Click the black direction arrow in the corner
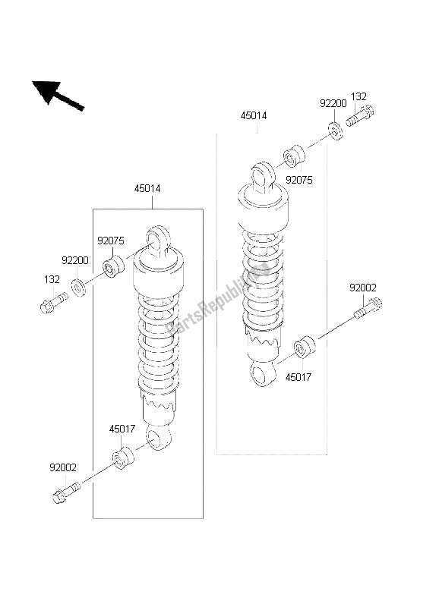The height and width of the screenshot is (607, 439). coord(58,96)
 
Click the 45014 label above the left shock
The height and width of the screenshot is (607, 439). coord(147,188)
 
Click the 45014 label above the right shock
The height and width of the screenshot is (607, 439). coord(254,115)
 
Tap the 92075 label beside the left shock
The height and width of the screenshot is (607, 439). coord(111,241)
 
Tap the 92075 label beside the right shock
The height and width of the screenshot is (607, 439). coord(299,180)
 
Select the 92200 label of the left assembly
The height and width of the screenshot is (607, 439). coord(75,260)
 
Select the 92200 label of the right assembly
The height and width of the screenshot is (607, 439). coord(333,103)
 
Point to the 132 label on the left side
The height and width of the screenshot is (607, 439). coord(52,279)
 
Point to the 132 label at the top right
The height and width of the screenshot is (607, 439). coord(358,96)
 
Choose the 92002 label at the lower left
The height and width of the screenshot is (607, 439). coord(63,467)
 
